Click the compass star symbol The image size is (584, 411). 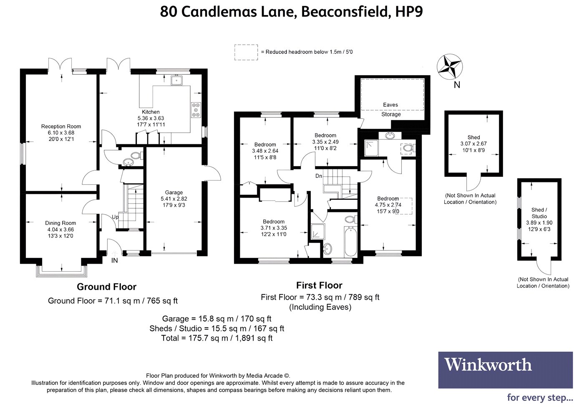(x=450, y=67)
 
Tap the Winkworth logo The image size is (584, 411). (x=505, y=370)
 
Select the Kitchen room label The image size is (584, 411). (x=151, y=112)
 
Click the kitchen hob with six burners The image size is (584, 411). (x=196, y=110)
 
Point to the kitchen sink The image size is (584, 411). (x=177, y=80)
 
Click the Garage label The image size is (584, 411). (x=174, y=192)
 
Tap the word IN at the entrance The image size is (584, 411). (x=114, y=260)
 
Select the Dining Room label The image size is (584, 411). (x=60, y=223)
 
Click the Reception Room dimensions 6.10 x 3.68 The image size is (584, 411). (x=61, y=133)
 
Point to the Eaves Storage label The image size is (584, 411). (x=390, y=109)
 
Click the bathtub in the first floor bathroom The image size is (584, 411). (x=350, y=242)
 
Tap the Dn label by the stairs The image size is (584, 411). (x=319, y=176)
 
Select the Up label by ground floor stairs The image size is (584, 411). (x=115, y=217)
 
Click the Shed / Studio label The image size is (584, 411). (x=539, y=213)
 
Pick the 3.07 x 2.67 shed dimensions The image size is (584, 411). (x=473, y=144)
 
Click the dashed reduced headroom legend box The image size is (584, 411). (x=246, y=53)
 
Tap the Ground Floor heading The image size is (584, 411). (x=107, y=287)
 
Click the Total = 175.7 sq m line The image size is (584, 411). (x=217, y=338)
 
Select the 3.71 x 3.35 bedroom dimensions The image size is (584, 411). (x=274, y=228)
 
